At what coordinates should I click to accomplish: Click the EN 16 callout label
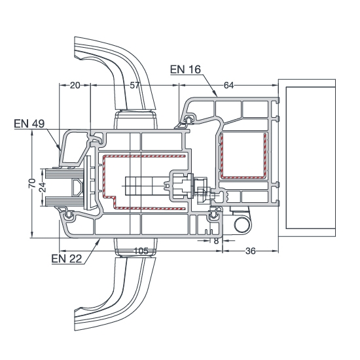pos(185,69)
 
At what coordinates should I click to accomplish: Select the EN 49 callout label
pos(29,124)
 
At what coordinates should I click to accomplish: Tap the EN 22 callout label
pos(67,259)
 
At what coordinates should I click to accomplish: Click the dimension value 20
pos(75,85)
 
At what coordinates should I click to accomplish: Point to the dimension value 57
pos(135,85)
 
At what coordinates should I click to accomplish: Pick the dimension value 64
pos(228,85)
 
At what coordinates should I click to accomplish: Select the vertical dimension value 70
pos(32,183)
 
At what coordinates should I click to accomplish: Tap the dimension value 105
pos(141,251)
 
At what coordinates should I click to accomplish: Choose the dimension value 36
pos(250,251)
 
